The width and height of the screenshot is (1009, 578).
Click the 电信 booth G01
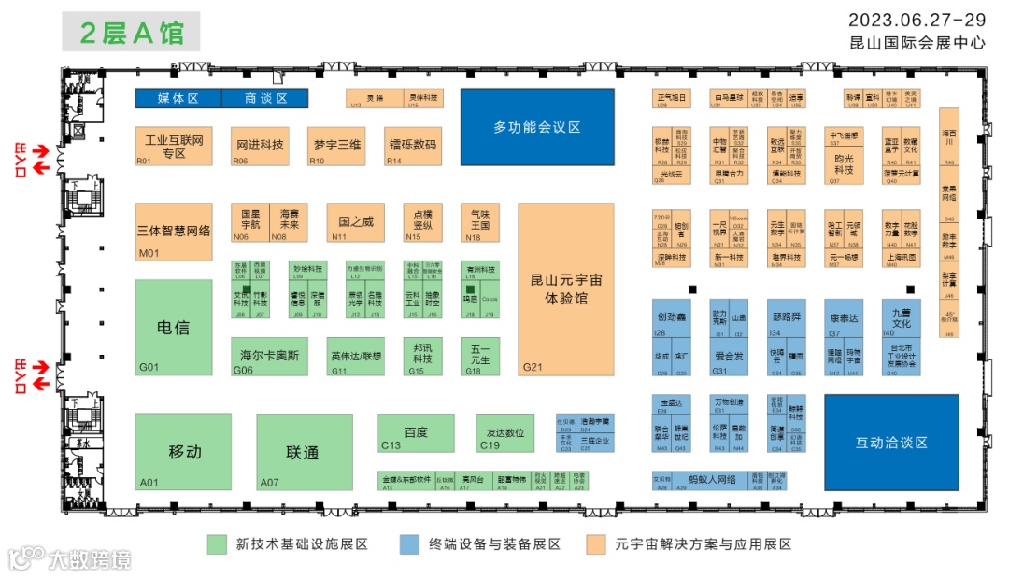coord(174,327)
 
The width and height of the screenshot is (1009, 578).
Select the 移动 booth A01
coord(184,452)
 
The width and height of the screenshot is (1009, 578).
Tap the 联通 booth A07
coord(304,452)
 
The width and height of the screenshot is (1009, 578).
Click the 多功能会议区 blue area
coord(537,128)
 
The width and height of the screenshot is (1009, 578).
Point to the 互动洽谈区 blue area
coord(891,443)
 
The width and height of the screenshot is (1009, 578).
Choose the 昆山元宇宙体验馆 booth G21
coord(566,289)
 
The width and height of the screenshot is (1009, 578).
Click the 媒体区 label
coord(178,98)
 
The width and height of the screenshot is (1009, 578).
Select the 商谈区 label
coord(265,98)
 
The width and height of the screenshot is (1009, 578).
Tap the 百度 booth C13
coord(416,433)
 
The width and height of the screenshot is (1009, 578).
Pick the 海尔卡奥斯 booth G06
coord(269,356)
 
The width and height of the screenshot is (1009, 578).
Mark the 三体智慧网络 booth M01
coord(174,230)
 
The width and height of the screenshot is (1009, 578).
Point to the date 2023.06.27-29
coord(917,20)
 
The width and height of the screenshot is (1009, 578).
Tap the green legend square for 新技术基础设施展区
coord(218,543)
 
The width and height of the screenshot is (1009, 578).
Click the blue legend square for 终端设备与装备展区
coord(408,543)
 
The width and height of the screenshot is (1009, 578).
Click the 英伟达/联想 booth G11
coord(356,356)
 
